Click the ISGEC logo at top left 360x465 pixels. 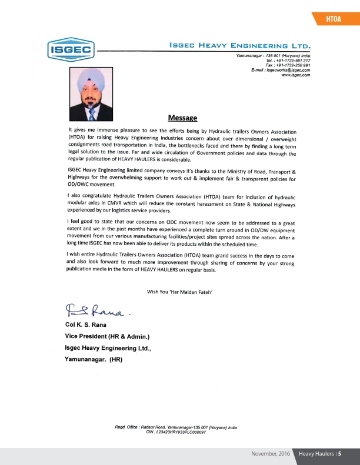point(70,49)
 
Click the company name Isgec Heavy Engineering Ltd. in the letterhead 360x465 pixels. point(239,45)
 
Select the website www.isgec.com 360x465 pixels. point(296,75)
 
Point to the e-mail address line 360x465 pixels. point(280,70)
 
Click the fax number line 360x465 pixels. point(288,65)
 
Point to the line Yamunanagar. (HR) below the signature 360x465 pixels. point(93,359)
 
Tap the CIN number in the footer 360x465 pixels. point(175,432)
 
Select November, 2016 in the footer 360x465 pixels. point(270,453)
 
